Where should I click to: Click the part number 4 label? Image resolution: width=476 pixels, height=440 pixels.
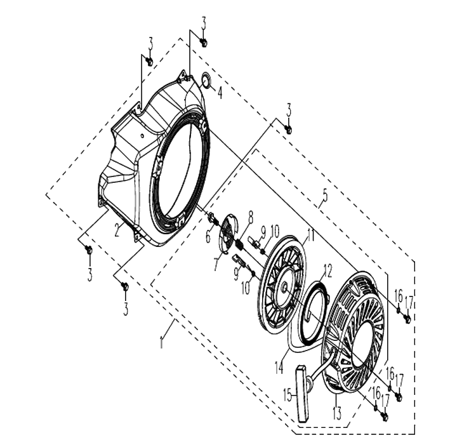point(220,93)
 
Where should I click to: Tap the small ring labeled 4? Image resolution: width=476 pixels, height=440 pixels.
point(207,81)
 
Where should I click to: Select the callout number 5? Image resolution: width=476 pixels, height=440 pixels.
point(325,196)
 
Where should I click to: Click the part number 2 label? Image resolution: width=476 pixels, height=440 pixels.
point(117,230)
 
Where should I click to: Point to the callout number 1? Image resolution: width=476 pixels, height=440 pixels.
point(162,342)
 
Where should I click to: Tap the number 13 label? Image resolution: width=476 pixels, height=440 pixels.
point(336,413)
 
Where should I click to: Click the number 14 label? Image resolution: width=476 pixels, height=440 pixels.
point(279,367)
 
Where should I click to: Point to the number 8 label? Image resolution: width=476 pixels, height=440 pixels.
point(250,218)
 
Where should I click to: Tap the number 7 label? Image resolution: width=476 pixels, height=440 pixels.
point(216,265)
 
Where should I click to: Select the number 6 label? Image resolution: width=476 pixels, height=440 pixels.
point(208,236)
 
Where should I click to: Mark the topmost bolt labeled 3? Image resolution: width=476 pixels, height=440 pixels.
point(204,43)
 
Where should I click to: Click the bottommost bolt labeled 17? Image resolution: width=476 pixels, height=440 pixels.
point(385,417)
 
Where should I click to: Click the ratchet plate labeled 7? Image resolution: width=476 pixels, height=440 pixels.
point(228,232)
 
